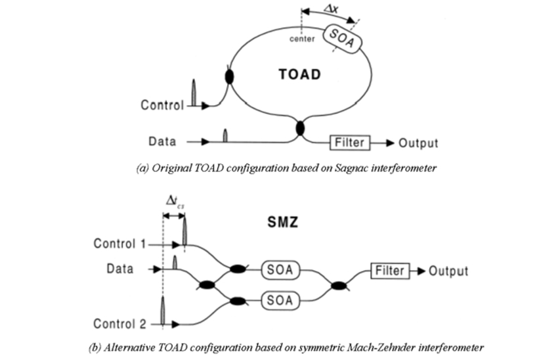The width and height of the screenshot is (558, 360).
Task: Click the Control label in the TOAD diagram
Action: click(x=162, y=105)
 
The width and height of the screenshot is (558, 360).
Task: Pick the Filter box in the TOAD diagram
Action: click(x=349, y=142)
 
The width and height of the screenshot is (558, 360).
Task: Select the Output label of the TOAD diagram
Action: click(x=418, y=143)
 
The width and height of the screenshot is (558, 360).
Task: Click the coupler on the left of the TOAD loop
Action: click(x=229, y=77)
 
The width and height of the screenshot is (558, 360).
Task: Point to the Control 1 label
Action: click(x=119, y=244)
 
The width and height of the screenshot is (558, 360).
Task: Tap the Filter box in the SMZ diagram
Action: click(x=391, y=270)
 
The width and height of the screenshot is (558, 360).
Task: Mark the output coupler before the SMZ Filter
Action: click(x=339, y=285)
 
